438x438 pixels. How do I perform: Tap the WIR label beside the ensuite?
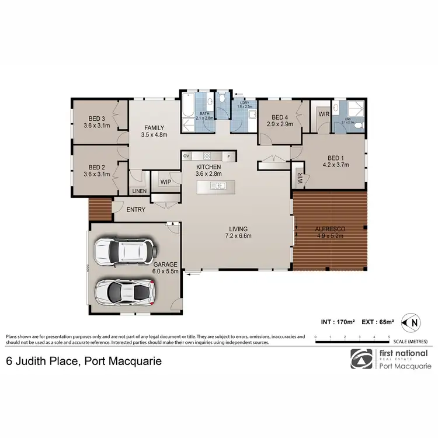click(324, 114)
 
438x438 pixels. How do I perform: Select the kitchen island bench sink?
click(219, 186)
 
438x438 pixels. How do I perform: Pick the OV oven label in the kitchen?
click(187, 156)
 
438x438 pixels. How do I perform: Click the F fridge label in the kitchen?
click(229, 156)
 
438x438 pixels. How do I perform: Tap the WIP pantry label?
click(165, 182)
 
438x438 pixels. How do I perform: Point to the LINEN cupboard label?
click(139, 192)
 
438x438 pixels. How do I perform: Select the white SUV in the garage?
click(126, 252)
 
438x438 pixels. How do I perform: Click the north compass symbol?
click(413, 321)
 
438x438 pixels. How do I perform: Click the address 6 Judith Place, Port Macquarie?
click(84, 361)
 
